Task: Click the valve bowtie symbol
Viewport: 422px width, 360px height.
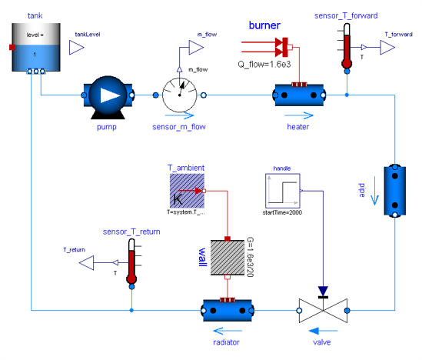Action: pos(322,311)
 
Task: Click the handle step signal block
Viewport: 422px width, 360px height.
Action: pos(282,190)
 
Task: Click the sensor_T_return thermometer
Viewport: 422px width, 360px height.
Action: pos(131,261)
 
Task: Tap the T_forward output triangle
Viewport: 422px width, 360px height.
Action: pos(387,48)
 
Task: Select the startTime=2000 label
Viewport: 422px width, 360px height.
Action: pos(282,212)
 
